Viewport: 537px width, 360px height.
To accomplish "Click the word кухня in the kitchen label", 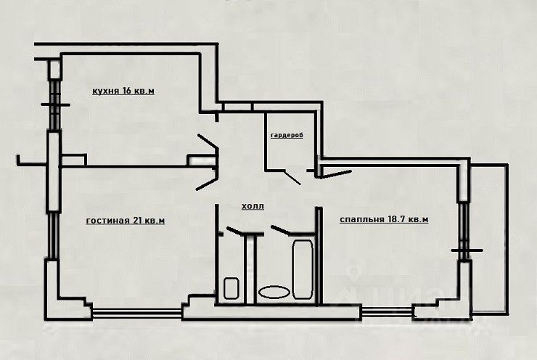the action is coord(106,91).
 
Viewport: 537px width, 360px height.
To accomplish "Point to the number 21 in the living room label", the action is coord(139,221).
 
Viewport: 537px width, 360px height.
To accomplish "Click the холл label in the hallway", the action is coord(253,207).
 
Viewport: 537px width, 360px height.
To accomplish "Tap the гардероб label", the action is coord(287,136).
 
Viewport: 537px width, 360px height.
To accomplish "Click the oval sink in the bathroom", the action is coord(274,292).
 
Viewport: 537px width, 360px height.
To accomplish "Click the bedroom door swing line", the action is coord(336,173).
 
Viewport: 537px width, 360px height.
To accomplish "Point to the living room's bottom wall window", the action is coord(136,314).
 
